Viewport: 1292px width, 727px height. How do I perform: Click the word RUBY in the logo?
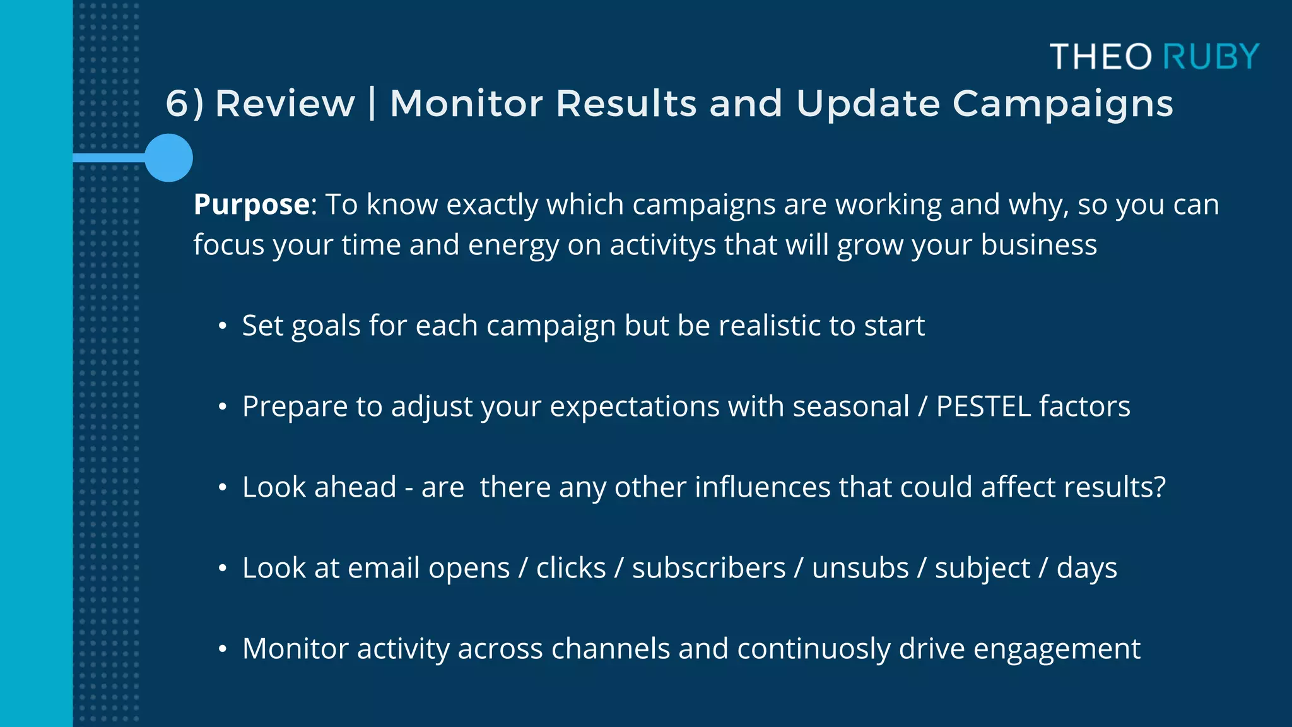pyautogui.click(x=1211, y=57)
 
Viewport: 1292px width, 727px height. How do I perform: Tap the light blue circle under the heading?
pyautogui.click(x=168, y=158)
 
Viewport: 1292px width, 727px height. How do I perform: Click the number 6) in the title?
pyautogui.click(x=184, y=103)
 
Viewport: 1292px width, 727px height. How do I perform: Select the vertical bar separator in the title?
pyautogui.click(x=372, y=103)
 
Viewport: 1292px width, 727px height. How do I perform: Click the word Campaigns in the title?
pyautogui.click(x=1062, y=103)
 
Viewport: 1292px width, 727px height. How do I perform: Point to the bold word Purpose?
pyautogui.click(x=252, y=205)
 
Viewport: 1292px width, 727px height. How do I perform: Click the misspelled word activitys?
pyautogui.click(x=662, y=245)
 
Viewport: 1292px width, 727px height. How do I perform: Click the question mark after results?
pyautogui.click(x=1159, y=487)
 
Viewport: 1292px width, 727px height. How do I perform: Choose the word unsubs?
pyautogui.click(x=860, y=568)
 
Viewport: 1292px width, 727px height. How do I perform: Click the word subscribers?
pyautogui.click(x=708, y=568)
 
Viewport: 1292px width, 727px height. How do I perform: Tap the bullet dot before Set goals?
pyautogui.click(x=222, y=326)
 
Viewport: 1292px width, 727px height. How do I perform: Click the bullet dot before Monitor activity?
pyautogui.click(x=222, y=649)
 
